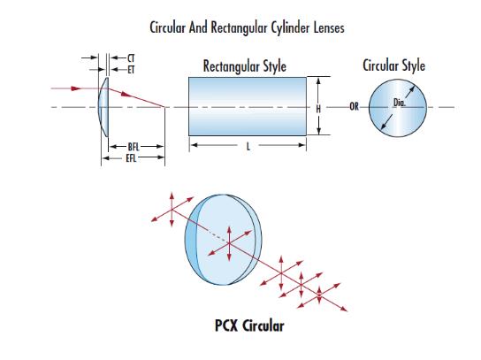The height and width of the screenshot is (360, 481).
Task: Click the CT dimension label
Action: (x=131, y=58)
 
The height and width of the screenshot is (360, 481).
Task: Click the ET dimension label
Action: (x=131, y=70)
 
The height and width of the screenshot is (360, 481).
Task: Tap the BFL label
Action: (x=134, y=147)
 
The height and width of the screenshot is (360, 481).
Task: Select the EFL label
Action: (x=131, y=158)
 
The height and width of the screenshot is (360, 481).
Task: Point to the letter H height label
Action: (x=318, y=109)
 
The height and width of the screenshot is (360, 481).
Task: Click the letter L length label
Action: (x=248, y=147)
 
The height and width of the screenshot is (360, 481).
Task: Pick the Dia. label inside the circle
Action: (x=400, y=103)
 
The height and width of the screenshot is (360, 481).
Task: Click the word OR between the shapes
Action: (x=354, y=106)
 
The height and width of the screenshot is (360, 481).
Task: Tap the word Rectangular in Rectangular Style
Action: (x=230, y=66)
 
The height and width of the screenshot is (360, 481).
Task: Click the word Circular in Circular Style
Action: (x=382, y=65)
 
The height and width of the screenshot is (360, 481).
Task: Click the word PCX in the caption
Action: (x=226, y=326)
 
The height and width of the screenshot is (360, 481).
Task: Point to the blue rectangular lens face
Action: (x=248, y=106)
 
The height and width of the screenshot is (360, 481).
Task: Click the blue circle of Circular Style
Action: (x=398, y=108)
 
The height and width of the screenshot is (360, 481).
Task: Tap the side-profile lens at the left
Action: (x=103, y=107)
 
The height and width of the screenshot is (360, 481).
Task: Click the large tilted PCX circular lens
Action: (x=224, y=240)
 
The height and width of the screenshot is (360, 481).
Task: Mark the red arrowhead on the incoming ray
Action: (x=76, y=88)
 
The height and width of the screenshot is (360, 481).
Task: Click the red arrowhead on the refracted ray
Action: (x=126, y=94)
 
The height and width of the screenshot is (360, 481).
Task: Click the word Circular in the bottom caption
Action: (x=263, y=326)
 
